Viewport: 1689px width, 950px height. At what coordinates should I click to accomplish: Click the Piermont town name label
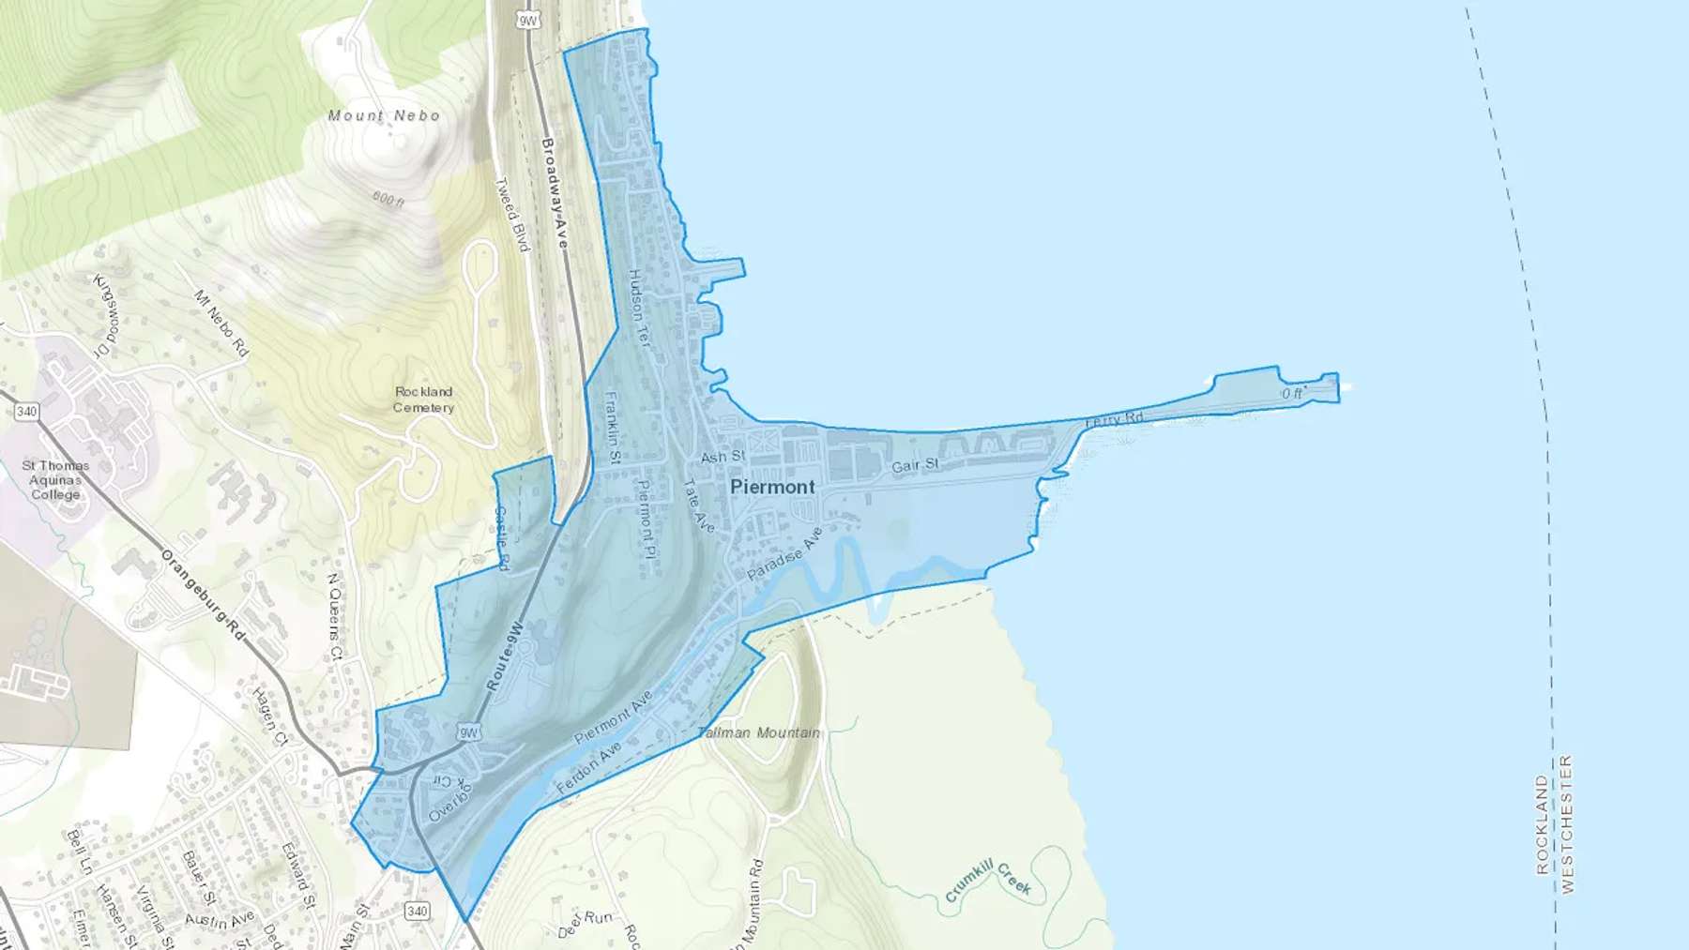click(x=772, y=487)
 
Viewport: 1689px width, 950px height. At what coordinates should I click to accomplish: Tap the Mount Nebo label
click(x=384, y=115)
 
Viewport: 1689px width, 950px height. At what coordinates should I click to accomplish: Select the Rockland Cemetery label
click(x=423, y=400)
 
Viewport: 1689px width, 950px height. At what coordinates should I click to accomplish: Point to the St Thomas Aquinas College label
click(x=55, y=479)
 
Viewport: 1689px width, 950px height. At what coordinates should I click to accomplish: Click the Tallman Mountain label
click(x=758, y=732)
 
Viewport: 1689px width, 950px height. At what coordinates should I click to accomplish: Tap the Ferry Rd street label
click(x=1115, y=420)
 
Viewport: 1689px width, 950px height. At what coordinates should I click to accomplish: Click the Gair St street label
click(x=915, y=465)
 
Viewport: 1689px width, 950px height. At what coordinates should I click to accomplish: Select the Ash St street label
click(x=723, y=457)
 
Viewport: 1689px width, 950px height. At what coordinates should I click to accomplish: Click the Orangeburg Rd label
click(x=203, y=597)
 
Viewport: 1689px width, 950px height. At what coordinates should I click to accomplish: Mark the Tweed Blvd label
click(x=512, y=214)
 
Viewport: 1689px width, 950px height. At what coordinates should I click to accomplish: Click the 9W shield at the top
click(x=529, y=20)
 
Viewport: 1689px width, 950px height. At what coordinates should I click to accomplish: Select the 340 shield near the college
click(x=26, y=412)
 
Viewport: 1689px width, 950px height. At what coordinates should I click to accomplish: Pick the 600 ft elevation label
click(x=388, y=199)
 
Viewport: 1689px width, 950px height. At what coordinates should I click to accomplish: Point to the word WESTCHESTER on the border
click(x=1567, y=824)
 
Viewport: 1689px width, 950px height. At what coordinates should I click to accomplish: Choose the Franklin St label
click(x=613, y=428)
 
